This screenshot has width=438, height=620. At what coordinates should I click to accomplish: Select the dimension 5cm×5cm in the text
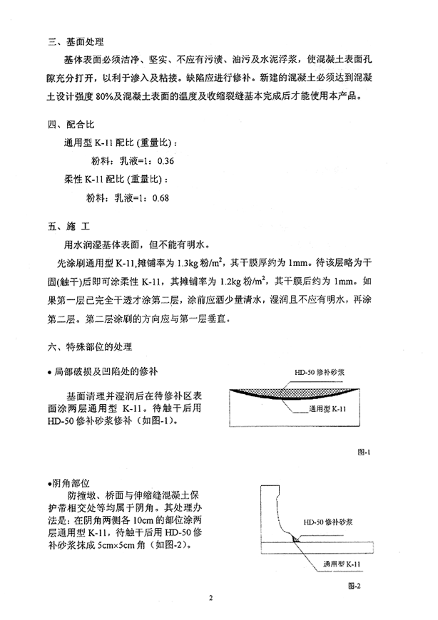(112, 546)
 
